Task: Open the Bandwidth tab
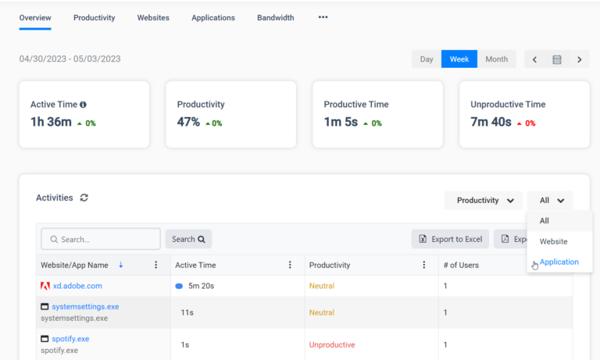(x=276, y=18)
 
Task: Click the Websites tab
(x=153, y=18)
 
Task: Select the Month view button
(x=496, y=59)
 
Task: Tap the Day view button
(x=427, y=59)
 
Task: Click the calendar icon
(x=557, y=59)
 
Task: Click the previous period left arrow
(x=534, y=59)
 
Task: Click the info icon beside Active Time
(x=83, y=105)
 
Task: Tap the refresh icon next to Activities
(x=84, y=198)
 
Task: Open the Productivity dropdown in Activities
(x=484, y=201)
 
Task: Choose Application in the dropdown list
(x=559, y=262)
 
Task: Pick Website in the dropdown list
(x=553, y=241)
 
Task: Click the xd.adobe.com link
(x=77, y=286)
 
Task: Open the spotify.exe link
(x=70, y=339)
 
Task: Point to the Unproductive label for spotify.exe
(x=332, y=344)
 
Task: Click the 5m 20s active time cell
(x=201, y=286)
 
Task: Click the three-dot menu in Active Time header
(x=290, y=265)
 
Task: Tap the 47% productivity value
(x=188, y=122)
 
